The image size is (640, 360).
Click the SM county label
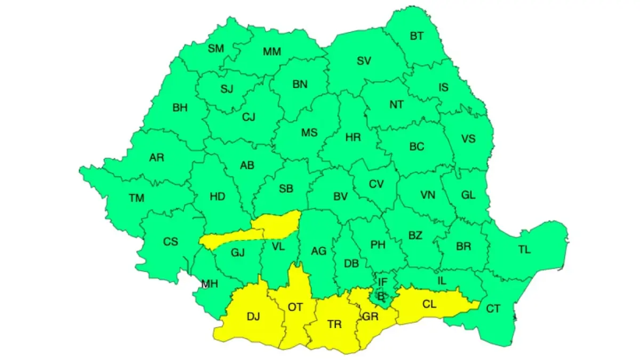coord(216,49)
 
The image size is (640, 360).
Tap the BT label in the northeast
coord(417,36)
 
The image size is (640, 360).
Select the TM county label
coord(137,198)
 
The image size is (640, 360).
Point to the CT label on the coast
coord(493,308)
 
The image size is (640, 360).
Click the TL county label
coord(524,249)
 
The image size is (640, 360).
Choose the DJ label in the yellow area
coord(253,317)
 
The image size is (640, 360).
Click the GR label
coord(370,317)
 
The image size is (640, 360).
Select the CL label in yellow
coord(429,304)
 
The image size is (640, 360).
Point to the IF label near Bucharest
coord(382,282)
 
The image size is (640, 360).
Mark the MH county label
coord(210,284)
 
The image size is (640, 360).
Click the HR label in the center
coord(353,138)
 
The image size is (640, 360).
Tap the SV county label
coord(364,61)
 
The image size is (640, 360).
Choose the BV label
coord(340,197)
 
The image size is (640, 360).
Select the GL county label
coord(468,195)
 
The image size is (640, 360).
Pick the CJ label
coord(249,117)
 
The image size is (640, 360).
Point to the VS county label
coord(468,139)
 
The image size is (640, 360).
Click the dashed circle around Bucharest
coord(381,295)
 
